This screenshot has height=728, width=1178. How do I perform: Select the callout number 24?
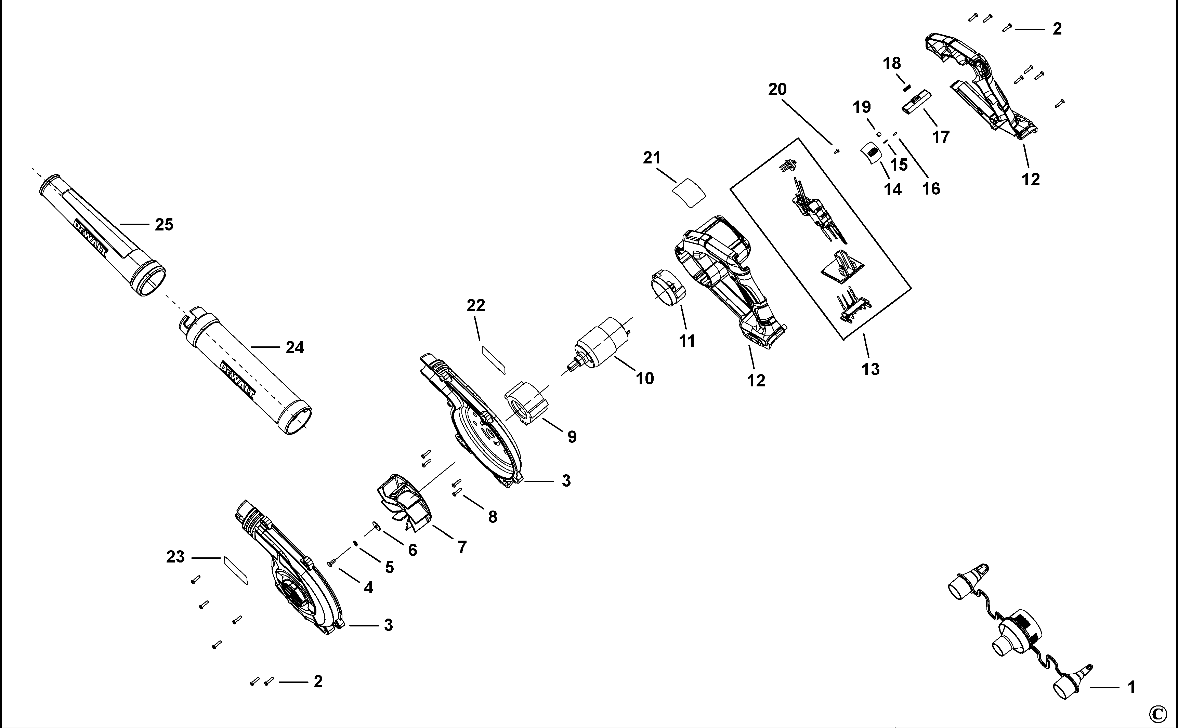(295, 347)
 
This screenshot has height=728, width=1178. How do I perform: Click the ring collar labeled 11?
(667, 289)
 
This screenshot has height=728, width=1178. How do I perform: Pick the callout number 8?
(492, 517)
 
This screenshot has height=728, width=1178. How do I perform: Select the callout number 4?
(368, 587)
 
